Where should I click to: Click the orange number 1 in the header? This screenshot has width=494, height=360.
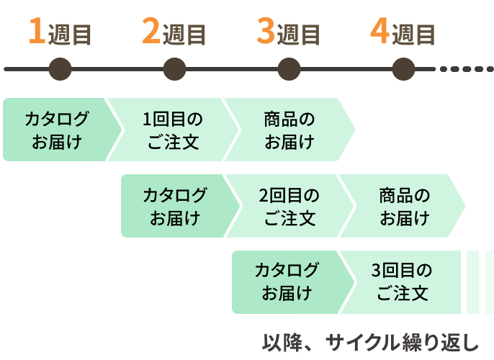click(x=36, y=32)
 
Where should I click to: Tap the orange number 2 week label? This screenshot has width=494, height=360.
click(x=151, y=32)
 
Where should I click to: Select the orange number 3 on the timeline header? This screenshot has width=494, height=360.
click(x=266, y=32)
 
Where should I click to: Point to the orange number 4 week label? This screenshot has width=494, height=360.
click(x=380, y=32)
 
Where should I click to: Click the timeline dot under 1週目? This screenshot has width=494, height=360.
click(x=60, y=70)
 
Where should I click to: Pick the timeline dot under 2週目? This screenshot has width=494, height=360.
click(x=174, y=70)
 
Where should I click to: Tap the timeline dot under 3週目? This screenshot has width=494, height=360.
click(x=289, y=70)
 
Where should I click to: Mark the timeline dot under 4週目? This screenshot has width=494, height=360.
click(x=403, y=70)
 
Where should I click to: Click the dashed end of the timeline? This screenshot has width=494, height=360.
click(x=464, y=70)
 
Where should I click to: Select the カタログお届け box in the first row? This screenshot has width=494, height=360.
click(x=56, y=130)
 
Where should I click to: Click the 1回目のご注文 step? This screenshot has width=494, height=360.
click(x=172, y=130)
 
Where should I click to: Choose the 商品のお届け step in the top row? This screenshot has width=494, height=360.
click(x=289, y=130)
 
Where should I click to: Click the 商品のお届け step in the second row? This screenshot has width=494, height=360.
click(x=404, y=206)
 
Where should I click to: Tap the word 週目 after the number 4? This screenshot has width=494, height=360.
click(x=414, y=35)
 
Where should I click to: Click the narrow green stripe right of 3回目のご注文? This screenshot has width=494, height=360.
click(x=473, y=282)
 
